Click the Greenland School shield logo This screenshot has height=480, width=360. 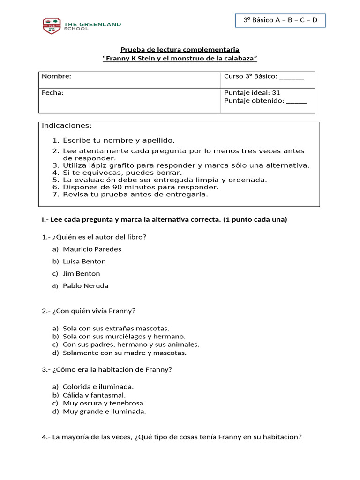point(51,26)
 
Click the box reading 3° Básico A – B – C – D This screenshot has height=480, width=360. point(280,20)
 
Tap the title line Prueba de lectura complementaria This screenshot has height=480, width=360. point(180,49)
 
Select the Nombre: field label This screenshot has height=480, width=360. point(57,76)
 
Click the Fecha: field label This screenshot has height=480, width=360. point(52,93)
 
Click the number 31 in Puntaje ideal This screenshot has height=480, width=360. point(276,93)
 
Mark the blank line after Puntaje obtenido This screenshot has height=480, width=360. point(296,101)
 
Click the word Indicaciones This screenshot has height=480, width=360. point(67,126)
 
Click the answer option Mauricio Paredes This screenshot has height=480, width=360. point(92,249)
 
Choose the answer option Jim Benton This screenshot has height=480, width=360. point(82,274)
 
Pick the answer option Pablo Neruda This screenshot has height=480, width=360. point(85,286)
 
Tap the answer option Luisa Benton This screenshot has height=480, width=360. point(84,262)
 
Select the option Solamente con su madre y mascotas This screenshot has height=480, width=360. point(125,353)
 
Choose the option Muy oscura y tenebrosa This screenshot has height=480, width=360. point(104,403)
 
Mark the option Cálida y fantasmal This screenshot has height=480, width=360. point(94,395)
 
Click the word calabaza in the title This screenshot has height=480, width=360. point(239,58)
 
